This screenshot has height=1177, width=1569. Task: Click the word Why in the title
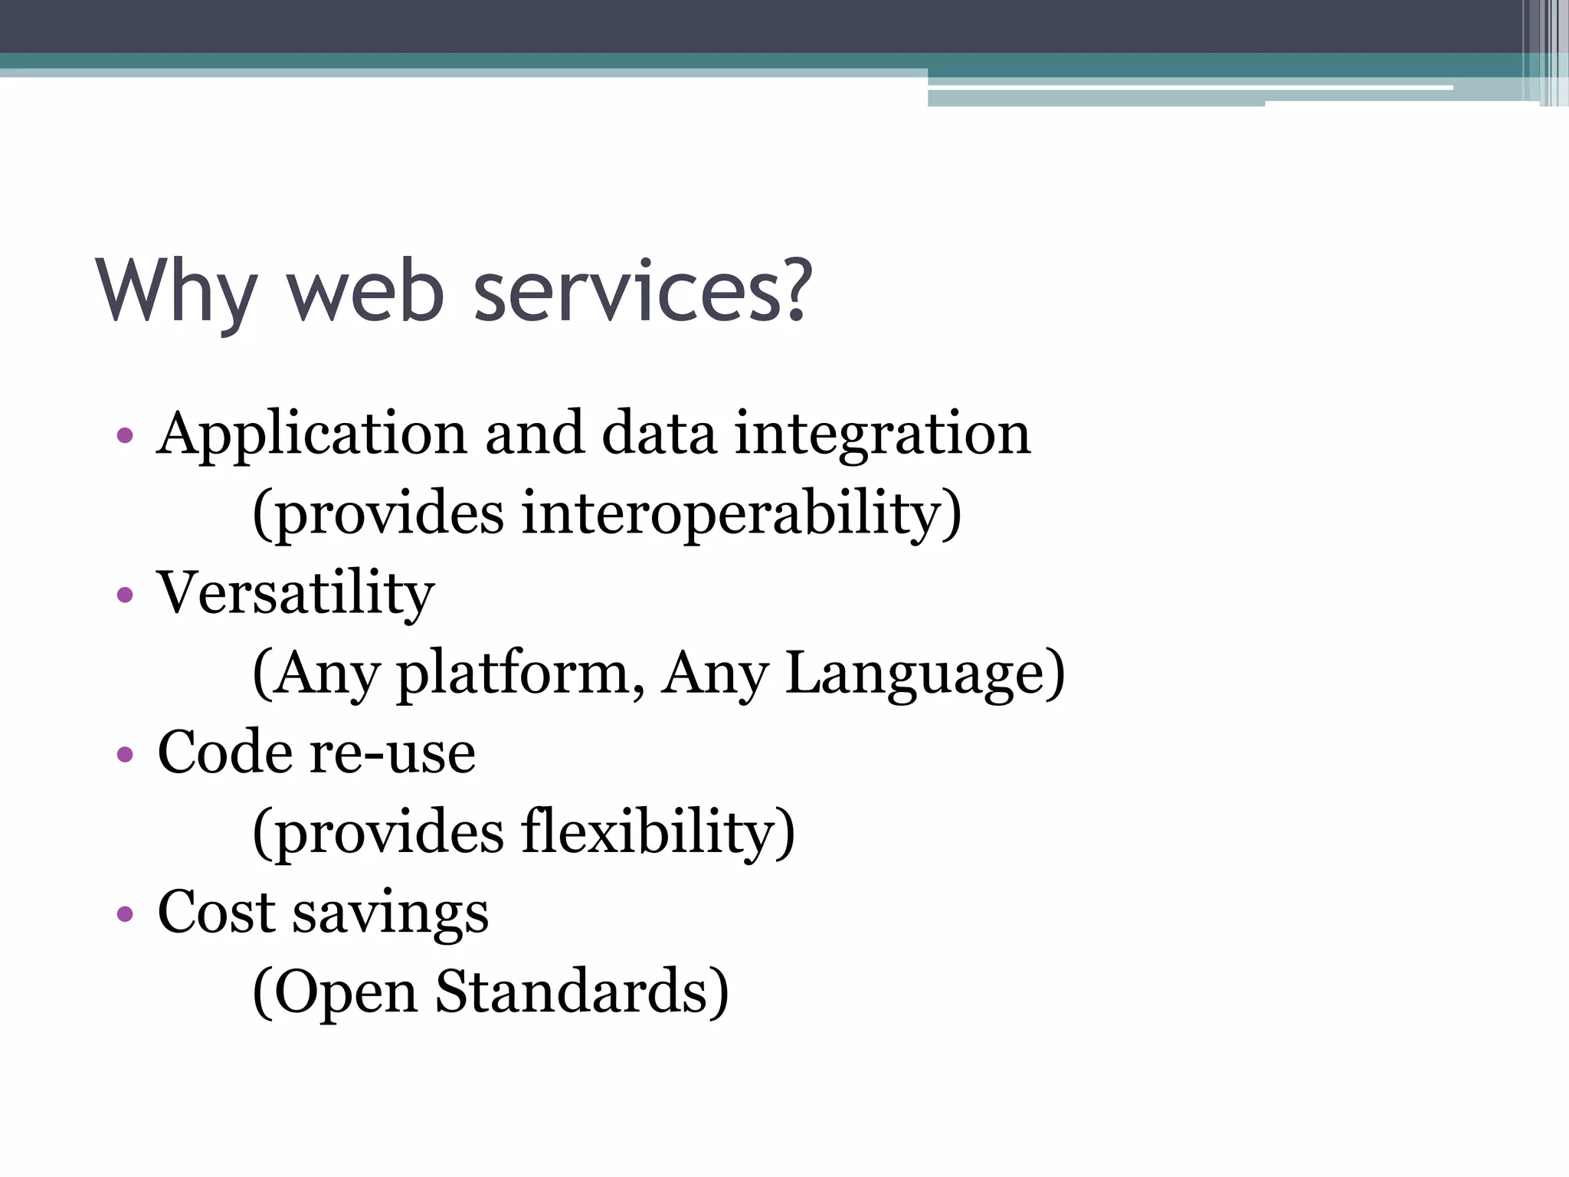(x=175, y=293)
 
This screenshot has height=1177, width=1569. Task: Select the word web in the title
(x=365, y=293)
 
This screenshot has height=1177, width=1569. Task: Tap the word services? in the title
(x=642, y=293)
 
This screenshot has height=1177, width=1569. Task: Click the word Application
(x=311, y=434)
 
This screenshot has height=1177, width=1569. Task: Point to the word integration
(x=882, y=434)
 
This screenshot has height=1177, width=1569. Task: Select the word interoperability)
(x=741, y=513)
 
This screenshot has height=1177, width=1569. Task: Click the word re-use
(x=392, y=752)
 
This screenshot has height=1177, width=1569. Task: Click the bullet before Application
(x=125, y=437)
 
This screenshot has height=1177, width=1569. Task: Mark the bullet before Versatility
(x=125, y=595)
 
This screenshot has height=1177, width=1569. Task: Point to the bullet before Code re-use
(x=125, y=755)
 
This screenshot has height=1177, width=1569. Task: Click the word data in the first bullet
(x=659, y=434)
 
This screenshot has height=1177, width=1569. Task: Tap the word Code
(x=224, y=752)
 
